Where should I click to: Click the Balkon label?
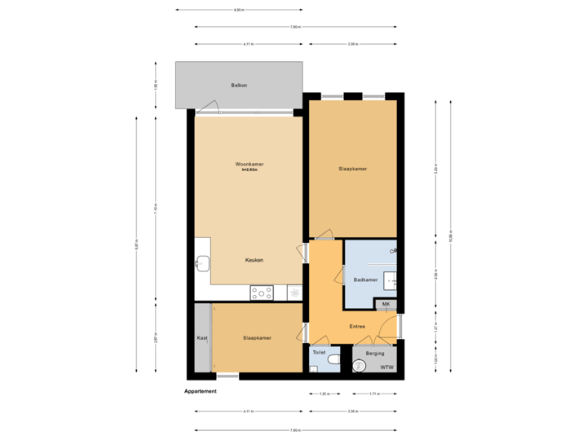239,84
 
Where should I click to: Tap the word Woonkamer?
249,164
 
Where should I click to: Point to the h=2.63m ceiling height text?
249,169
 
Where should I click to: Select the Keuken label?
254,260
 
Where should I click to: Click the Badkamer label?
365,279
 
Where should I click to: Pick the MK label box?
386,304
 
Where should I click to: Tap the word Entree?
357,327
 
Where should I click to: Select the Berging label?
375,354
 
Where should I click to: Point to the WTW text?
386,367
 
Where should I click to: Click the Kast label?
202,337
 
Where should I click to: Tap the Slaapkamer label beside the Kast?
257,337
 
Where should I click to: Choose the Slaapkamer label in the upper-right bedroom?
352,169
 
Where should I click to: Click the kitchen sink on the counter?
201,262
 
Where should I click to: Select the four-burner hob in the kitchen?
262,292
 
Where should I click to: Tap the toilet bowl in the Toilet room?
332,359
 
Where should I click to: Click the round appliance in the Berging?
359,367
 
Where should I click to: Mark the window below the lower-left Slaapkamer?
227,375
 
